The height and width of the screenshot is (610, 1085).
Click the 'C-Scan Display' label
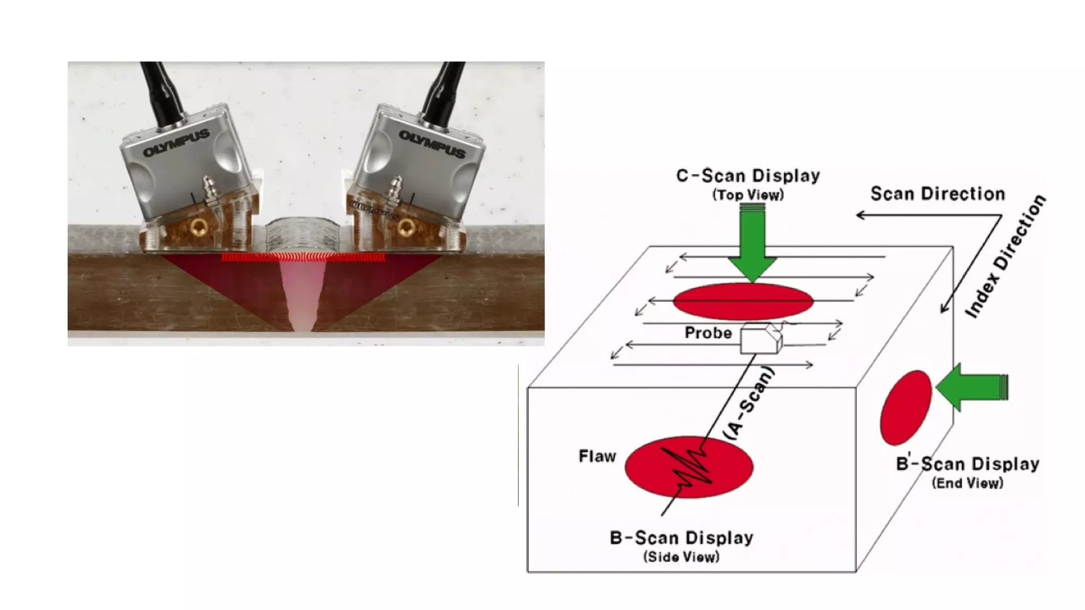[748, 176]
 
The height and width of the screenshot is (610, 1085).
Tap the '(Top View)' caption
[748, 195]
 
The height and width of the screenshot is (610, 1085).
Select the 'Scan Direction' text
[937, 194]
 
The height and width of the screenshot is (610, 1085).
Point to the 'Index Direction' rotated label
[1005, 257]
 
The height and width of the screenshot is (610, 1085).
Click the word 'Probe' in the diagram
[708, 333]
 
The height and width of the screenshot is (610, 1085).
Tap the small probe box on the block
[760, 339]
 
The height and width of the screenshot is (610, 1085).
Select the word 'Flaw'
[597, 456]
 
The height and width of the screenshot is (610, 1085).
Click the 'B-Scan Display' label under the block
[681, 538]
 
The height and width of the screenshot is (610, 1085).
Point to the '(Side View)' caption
[681, 557]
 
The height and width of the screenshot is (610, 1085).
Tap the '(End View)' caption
[967, 483]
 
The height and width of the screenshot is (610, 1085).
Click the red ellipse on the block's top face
[743, 301]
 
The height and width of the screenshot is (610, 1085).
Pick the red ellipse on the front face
[689, 467]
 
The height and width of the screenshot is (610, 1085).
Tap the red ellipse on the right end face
[905, 408]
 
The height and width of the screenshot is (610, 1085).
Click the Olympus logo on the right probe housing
[432, 144]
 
